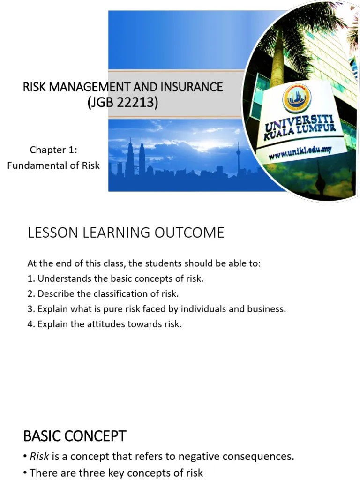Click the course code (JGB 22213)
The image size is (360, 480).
point(123,102)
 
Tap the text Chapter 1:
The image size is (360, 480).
point(53,150)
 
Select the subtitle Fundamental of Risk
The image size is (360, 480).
point(53,165)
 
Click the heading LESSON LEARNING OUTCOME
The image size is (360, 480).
point(126,232)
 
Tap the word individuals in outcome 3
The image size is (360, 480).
point(195,309)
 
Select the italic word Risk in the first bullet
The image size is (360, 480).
point(39,456)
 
